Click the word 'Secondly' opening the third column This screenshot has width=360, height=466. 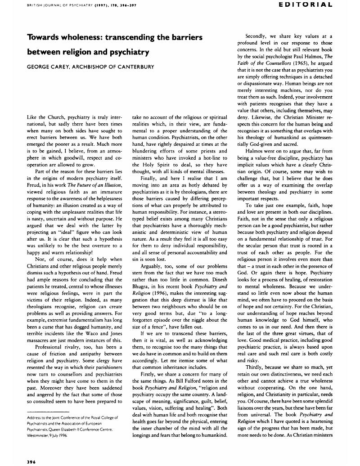[256, 36]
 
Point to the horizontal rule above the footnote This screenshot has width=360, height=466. [48, 411]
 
